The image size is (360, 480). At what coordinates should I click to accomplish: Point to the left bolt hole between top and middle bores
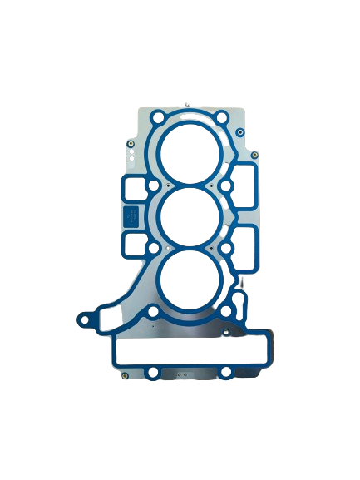[x=154, y=185]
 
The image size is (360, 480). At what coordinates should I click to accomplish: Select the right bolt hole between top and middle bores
[x=226, y=185]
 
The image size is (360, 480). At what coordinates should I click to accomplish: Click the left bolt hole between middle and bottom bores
[x=153, y=248]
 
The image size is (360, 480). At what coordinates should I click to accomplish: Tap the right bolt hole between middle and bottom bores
[x=226, y=248]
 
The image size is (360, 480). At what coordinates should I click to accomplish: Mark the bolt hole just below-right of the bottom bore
[x=226, y=312]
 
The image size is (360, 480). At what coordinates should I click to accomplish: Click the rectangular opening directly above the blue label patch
[x=133, y=188]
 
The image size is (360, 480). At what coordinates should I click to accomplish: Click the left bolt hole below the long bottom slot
[x=153, y=373]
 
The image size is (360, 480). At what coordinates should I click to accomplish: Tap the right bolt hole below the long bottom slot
[x=226, y=373]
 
